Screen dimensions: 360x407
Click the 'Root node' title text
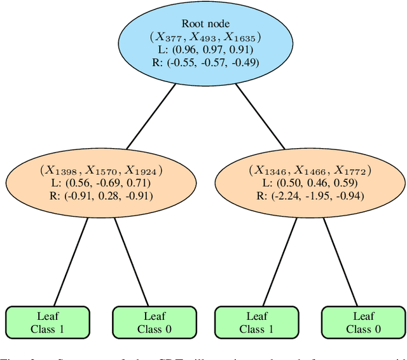205,24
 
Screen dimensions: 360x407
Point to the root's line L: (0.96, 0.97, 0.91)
205,50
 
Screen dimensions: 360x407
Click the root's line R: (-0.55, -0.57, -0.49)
205,63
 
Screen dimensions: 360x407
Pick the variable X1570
102,170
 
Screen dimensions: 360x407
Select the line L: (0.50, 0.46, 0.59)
310,183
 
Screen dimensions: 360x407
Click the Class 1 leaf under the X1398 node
48,322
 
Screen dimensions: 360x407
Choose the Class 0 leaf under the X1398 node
154,322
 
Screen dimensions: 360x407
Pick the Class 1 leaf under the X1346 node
256,322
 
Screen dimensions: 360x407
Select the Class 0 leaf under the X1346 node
363,322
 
